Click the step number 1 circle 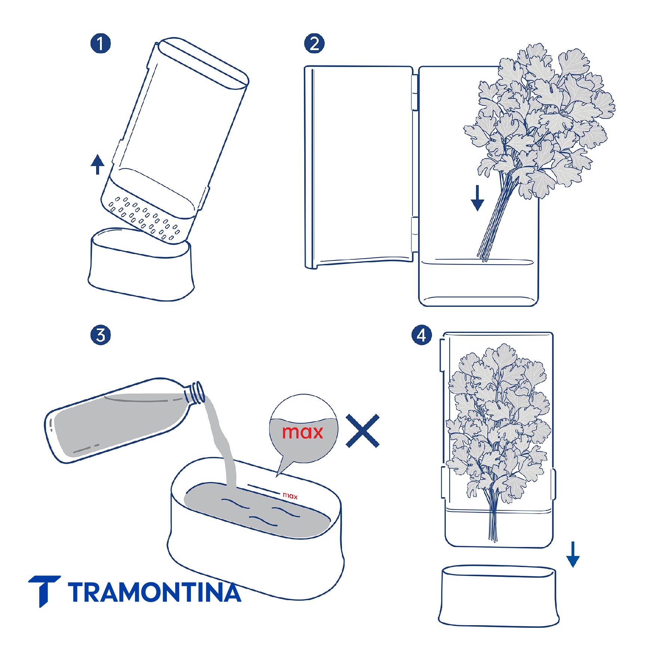tap(101, 43)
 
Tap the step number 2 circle tap(314, 43)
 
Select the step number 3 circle tap(101, 335)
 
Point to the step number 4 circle tap(422, 335)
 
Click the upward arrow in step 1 tap(98, 164)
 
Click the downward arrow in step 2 tap(477, 198)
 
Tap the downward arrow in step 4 tap(573, 554)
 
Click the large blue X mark tap(363, 431)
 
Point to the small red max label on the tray tap(290, 496)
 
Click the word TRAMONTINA tap(155, 592)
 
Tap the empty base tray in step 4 tap(499, 596)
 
